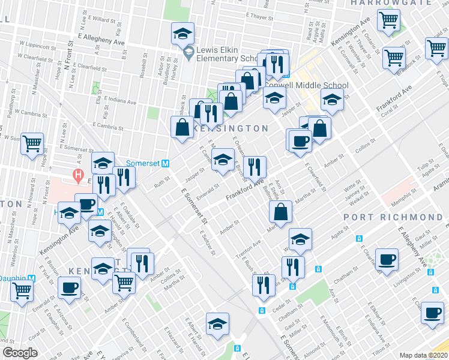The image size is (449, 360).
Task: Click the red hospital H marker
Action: click(x=77, y=176)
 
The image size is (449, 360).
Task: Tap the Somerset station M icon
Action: click(x=165, y=163)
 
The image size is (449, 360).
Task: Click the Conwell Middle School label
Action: click(x=307, y=85)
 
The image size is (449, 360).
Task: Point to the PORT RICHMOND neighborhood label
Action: click(x=393, y=217)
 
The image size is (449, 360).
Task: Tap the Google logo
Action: click(x=20, y=353)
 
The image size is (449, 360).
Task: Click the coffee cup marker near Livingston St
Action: click(x=388, y=259)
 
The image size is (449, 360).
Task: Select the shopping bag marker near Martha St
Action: click(x=281, y=211)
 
